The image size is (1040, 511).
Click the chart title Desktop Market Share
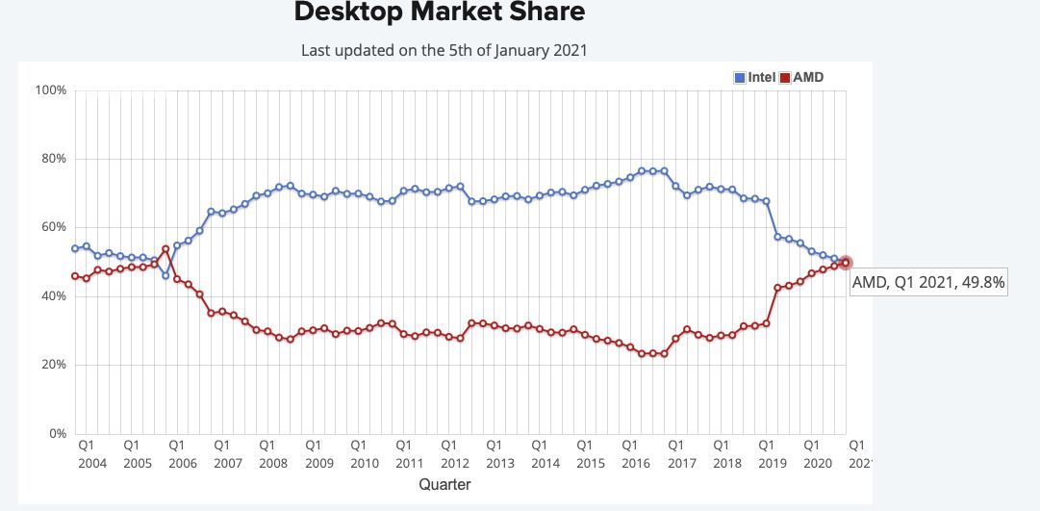pos(439,13)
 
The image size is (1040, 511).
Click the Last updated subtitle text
pos(444,50)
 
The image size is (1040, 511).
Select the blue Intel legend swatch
pos(740,77)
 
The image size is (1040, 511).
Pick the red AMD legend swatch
pos(784,77)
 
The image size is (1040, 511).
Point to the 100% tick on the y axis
pos(50,90)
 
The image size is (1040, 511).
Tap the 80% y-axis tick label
pos(52,159)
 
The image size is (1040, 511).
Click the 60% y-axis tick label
pos(52,227)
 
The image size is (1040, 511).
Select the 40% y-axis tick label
pos(52,296)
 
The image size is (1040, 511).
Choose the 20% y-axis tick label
pos(52,365)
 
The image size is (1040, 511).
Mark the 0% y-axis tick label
pos(56,434)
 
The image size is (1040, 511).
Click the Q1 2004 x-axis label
pos(86,454)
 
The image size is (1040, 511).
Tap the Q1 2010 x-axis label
pos(358,454)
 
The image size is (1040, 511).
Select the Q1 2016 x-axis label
pos(630,454)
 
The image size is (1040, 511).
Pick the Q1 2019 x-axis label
pos(766,454)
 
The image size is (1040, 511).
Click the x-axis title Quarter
pos(444,485)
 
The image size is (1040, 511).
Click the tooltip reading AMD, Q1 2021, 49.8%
pos(928,281)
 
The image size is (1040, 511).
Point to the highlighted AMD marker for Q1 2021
pos(846,263)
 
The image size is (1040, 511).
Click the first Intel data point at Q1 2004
pos(75,248)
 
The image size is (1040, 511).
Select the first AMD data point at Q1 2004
pos(75,276)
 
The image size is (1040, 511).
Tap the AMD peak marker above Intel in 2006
pos(165,249)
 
